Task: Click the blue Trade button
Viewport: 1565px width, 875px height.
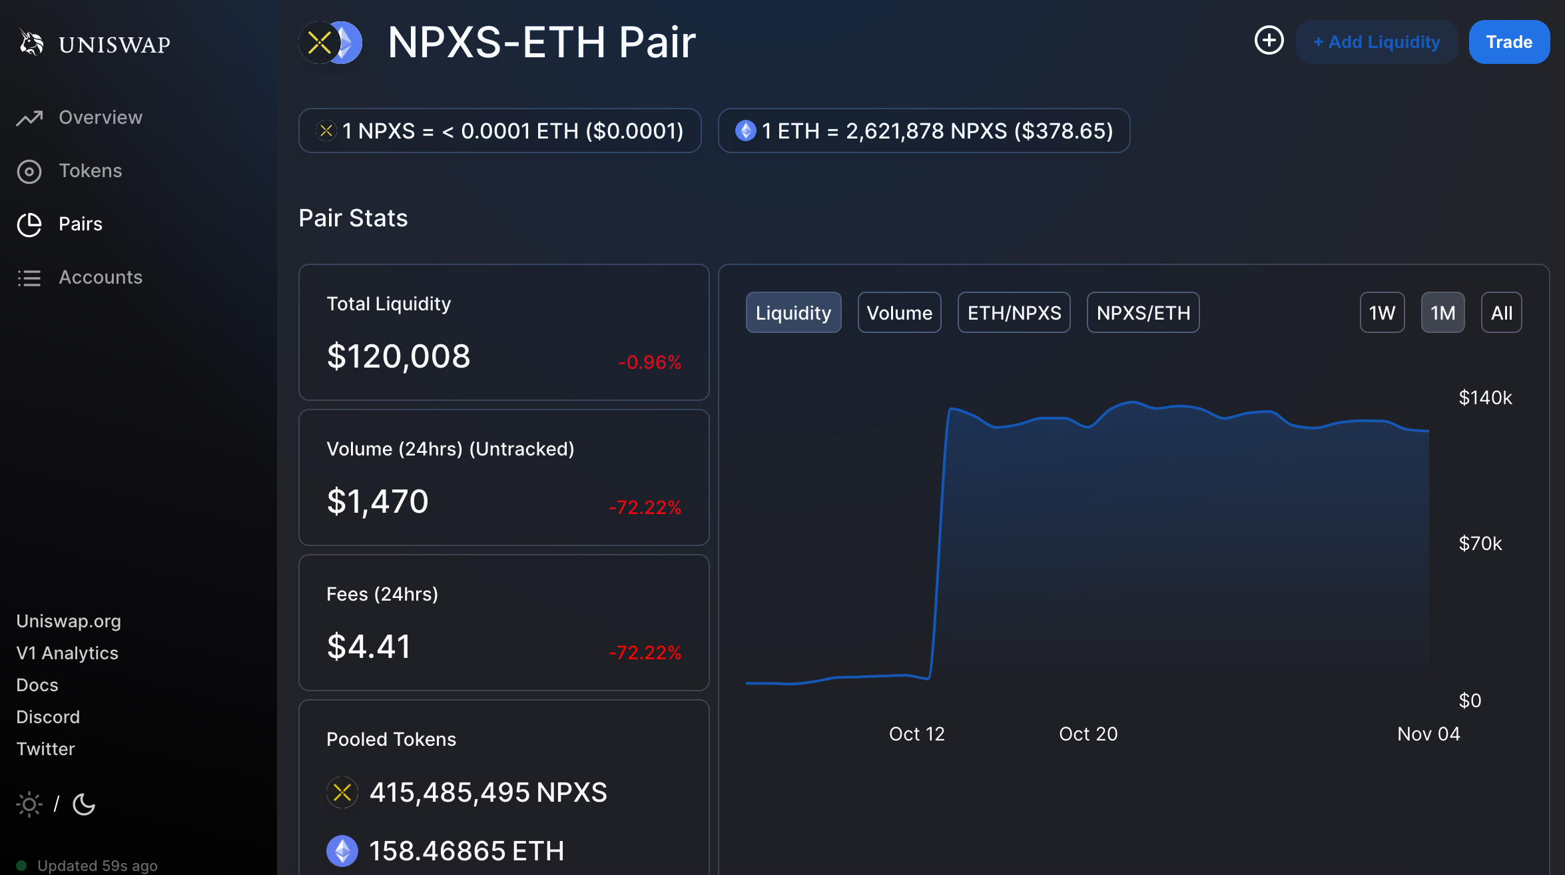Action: click(1509, 42)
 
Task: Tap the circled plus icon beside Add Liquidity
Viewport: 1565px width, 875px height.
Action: click(1269, 41)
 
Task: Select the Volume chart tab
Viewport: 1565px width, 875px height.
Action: click(899, 312)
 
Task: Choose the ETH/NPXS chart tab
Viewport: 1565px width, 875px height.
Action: click(1014, 312)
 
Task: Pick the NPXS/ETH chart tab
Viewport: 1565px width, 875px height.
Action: click(1143, 312)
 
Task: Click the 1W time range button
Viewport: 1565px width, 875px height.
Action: click(1382, 312)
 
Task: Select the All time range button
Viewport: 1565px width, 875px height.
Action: click(1502, 312)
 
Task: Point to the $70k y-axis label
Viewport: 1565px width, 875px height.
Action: click(1480, 543)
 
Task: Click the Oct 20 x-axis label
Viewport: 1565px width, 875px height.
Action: click(1088, 734)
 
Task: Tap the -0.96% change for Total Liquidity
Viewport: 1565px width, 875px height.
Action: click(650, 362)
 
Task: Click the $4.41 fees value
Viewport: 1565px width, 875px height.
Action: click(369, 647)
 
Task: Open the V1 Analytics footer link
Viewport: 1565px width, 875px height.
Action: click(67, 653)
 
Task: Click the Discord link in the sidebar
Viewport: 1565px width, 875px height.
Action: click(48, 717)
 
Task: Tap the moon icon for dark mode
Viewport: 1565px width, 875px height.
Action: click(84, 804)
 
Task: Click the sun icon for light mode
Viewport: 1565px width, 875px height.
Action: click(29, 804)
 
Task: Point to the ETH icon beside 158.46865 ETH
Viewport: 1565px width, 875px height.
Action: click(342, 851)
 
